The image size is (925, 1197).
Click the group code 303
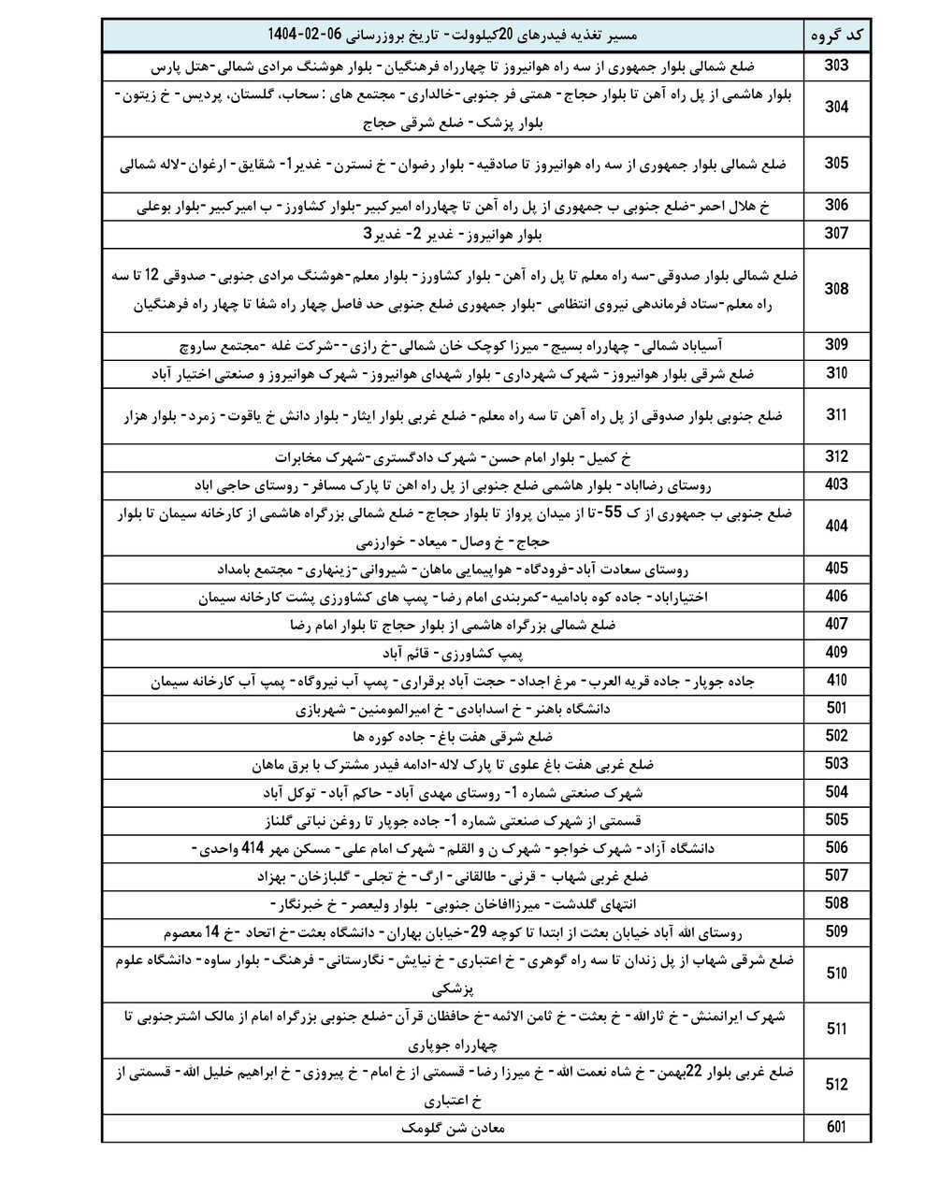836,66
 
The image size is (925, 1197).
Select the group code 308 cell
836,290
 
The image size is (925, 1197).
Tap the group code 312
836,457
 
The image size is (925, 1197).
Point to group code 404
836,527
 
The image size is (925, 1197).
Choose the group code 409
836,653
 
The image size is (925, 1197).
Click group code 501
836,708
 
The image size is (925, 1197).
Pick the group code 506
836,848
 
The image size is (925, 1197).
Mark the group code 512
836,1085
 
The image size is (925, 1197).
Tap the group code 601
836,1128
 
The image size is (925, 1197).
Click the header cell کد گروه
836,36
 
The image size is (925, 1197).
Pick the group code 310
836,373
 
